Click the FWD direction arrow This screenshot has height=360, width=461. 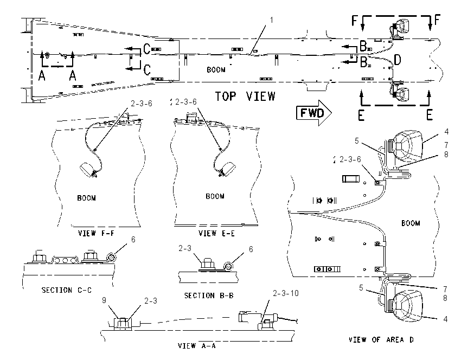[x=313, y=113]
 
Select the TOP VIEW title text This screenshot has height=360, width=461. [x=245, y=97]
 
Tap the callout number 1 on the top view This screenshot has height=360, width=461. [x=271, y=20]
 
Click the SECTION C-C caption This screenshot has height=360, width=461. [x=67, y=291]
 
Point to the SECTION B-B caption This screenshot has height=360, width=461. [x=209, y=295]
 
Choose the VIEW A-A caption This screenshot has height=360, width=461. [x=197, y=345]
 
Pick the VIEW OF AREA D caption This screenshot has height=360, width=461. [x=381, y=340]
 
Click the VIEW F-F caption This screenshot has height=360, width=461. [x=96, y=233]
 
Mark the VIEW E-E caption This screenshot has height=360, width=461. [x=217, y=234]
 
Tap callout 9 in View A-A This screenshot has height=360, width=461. [x=104, y=300]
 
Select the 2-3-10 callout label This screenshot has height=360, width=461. [x=285, y=293]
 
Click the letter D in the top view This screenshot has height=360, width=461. [x=397, y=60]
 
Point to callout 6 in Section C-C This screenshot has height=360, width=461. [x=133, y=240]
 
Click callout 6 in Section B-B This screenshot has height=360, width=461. [x=251, y=249]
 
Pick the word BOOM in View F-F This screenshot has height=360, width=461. [x=86, y=198]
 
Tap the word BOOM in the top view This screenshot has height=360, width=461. [x=216, y=69]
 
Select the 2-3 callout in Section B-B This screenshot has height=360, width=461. [x=184, y=248]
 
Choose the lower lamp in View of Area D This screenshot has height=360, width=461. [x=404, y=305]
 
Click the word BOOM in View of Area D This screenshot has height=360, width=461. [x=411, y=223]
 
